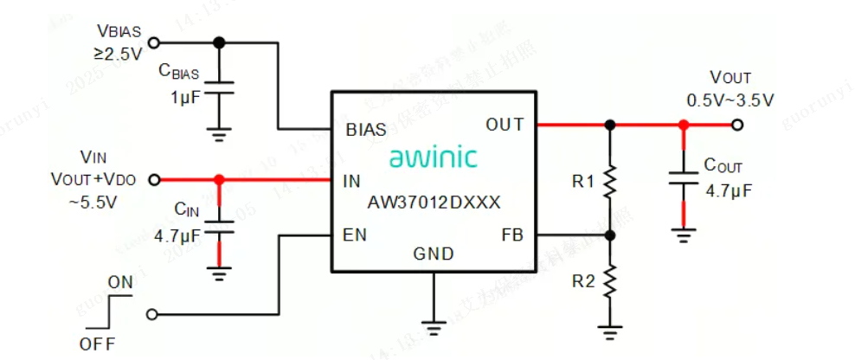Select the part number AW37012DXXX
[x=434, y=202]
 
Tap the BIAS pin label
[x=366, y=132]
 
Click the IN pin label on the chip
[x=352, y=181]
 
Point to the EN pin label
[x=355, y=234]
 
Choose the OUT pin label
[x=505, y=125]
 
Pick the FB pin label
[x=512, y=235]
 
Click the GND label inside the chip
[x=434, y=254]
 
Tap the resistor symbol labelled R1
[x=610, y=182]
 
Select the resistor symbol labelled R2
[x=610, y=281]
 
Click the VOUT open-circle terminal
[x=736, y=125]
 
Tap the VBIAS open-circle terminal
[x=155, y=42]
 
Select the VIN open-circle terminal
[x=155, y=180]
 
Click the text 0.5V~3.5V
[x=730, y=100]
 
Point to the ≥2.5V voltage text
[x=119, y=55]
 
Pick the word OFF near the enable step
[x=98, y=344]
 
